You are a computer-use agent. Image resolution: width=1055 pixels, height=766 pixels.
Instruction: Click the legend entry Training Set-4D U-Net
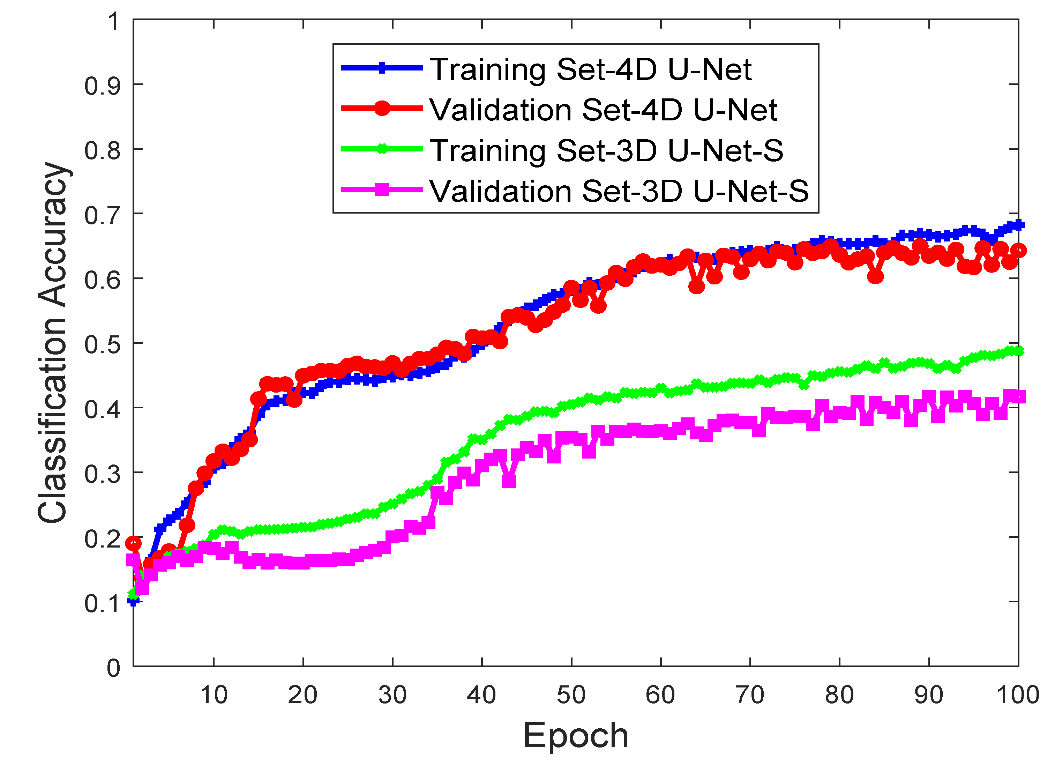(x=590, y=69)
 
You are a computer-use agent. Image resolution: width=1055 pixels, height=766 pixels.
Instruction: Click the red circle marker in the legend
(x=382, y=108)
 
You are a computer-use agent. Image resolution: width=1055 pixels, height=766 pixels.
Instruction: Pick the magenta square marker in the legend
(x=382, y=189)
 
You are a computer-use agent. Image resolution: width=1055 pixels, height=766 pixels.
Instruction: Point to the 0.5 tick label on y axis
(x=102, y=345)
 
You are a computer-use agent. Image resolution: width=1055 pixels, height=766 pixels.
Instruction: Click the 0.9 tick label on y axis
(x=102, y=85)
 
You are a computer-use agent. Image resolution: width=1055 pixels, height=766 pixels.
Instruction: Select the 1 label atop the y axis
(x=113, y=21)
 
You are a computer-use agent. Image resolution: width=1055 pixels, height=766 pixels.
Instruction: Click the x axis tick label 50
(x=571, y=695)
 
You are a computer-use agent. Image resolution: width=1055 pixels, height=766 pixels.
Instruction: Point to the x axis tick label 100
(x=1017, y=695)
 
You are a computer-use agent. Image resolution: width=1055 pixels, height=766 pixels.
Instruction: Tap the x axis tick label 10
(x=214, y=695)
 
